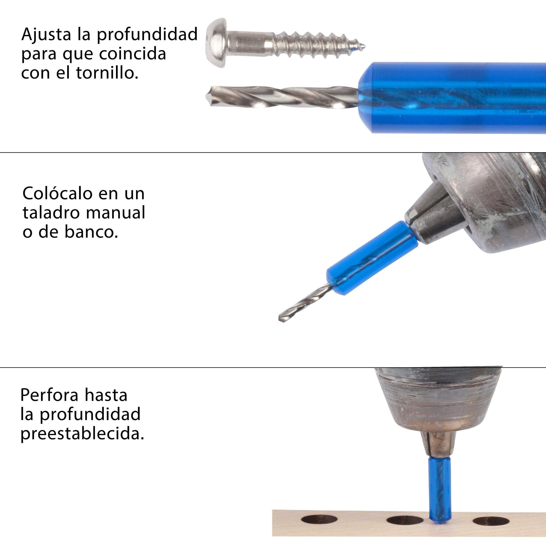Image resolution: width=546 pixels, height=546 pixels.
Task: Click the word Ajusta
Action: (46, 35)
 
